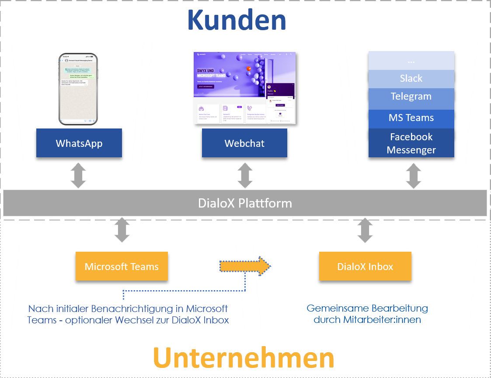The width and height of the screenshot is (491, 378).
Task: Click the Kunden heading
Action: point(237,20)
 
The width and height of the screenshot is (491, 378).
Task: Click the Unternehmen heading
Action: point(244,358)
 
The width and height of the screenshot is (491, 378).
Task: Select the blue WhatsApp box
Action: point(79,143)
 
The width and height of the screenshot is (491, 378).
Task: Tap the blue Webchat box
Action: point(244,143)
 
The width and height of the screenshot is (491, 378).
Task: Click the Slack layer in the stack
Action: point(411,79)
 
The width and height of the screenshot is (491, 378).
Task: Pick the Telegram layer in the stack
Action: point(411,97)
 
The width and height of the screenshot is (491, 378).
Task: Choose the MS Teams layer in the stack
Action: point(411,118)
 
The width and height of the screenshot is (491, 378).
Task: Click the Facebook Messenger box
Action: point(411,143)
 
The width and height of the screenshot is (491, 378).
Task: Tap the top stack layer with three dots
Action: point(411,60)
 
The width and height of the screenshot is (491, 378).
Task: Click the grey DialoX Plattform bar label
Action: point(245,203)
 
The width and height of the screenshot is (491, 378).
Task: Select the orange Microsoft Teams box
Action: point(122,266)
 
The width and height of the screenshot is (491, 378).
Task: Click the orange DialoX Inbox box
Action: point(365,266)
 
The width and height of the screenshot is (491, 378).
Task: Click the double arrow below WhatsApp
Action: point(78,175)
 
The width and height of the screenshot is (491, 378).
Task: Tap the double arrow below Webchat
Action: point(245,175)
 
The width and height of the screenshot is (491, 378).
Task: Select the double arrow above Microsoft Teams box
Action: point(122,230)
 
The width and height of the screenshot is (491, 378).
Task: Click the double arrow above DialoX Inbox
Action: point(365,230)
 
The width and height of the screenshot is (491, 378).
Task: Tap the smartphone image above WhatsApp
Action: point(78,89)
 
